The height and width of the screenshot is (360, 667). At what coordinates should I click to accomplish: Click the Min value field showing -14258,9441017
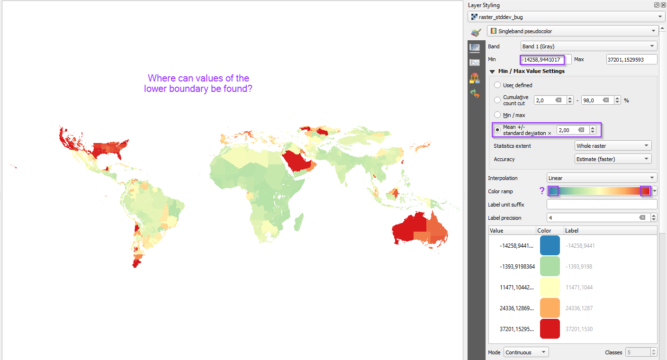coord(542,60)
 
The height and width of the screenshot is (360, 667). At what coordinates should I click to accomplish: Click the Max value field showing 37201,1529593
coord(631,60)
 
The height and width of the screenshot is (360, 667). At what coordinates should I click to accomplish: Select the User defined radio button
coord(497,85)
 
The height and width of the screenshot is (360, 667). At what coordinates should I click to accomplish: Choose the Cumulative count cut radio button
coord(497,100)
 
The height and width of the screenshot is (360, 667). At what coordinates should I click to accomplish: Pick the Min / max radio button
coord(497,115)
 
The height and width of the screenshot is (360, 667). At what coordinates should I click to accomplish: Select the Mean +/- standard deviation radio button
coord(497,130)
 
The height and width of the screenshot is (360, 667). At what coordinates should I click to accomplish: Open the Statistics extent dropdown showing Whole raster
coord(613,146)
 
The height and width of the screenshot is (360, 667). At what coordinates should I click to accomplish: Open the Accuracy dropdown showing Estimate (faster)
coord(613,159)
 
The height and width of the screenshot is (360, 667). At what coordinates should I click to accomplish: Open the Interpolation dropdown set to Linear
coord(602,178)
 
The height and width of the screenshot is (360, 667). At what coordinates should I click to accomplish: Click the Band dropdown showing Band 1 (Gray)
coord(588,46)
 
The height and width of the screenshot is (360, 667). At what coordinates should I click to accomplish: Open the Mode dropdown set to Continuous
coord(526,352)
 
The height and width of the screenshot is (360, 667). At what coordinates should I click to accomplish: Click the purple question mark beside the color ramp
coord(542,191)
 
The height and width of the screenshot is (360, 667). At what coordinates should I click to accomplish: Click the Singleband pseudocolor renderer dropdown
coord(572,31)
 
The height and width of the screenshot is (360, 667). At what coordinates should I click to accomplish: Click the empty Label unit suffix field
coord(602,205)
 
